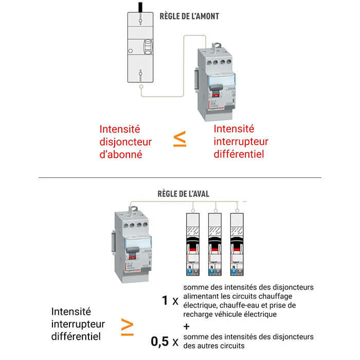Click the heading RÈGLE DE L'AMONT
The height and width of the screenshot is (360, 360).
pyautogui.click(x=189, y=16)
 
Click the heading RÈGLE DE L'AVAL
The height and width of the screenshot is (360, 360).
pyautogui.click(x=183, y=194)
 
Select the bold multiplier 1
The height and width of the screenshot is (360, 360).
pyautogui.click(x=165, y=300)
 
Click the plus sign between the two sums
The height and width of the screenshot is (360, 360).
pyautogui.click(x=186, y=326)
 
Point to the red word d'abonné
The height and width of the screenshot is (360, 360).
pyautogui.click(x=120, y=154)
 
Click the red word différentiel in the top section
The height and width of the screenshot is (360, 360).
pyautogui.click(x=238, y=154)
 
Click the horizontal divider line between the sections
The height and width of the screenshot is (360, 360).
pyautogui.click(x=180, y=178)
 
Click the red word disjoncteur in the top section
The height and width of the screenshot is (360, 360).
pyautogui.click(x=125, y=141)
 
